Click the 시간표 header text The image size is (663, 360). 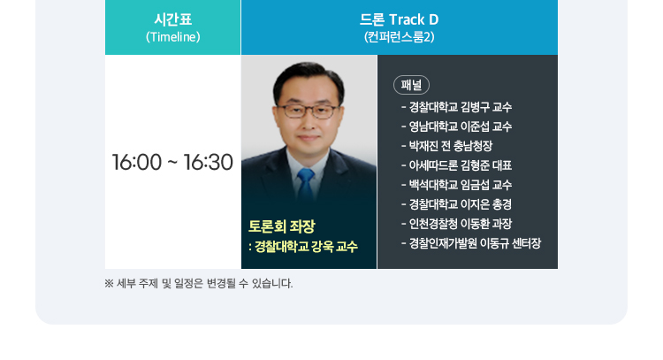pos(173,19)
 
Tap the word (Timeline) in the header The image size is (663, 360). pos(173,37)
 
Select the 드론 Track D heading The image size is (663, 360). pos(400,19)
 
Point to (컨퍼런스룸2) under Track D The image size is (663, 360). pos(400,37)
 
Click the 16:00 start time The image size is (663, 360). pos(136,162)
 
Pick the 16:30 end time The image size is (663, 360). pos(208,162)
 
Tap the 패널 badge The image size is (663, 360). pos(411,85)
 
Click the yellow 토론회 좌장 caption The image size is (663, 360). pos(282,226)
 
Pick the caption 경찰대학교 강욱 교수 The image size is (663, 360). pos(306,246)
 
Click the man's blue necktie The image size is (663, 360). pos(306,184)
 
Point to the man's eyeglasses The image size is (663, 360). pos(308,111)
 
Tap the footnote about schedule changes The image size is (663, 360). pos(198,283)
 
